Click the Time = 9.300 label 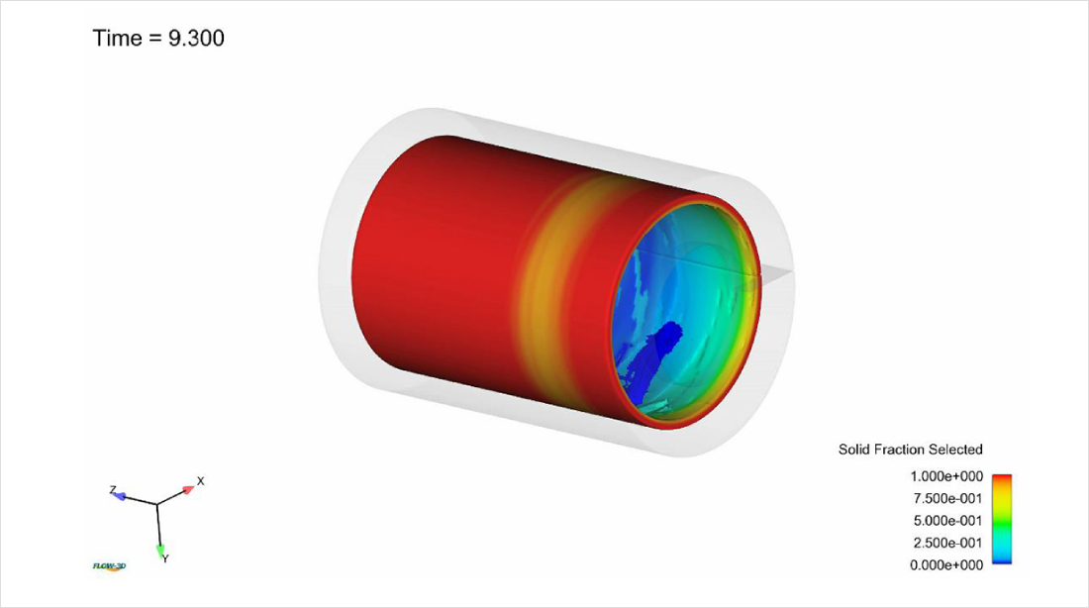158,39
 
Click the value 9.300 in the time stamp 197,39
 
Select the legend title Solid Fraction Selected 910,450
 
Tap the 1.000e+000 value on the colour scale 946,476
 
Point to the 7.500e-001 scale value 947,499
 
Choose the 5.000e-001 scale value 947,521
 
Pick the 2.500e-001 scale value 947,544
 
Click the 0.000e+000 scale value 946,565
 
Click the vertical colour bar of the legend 1002,519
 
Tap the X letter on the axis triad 201,481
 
